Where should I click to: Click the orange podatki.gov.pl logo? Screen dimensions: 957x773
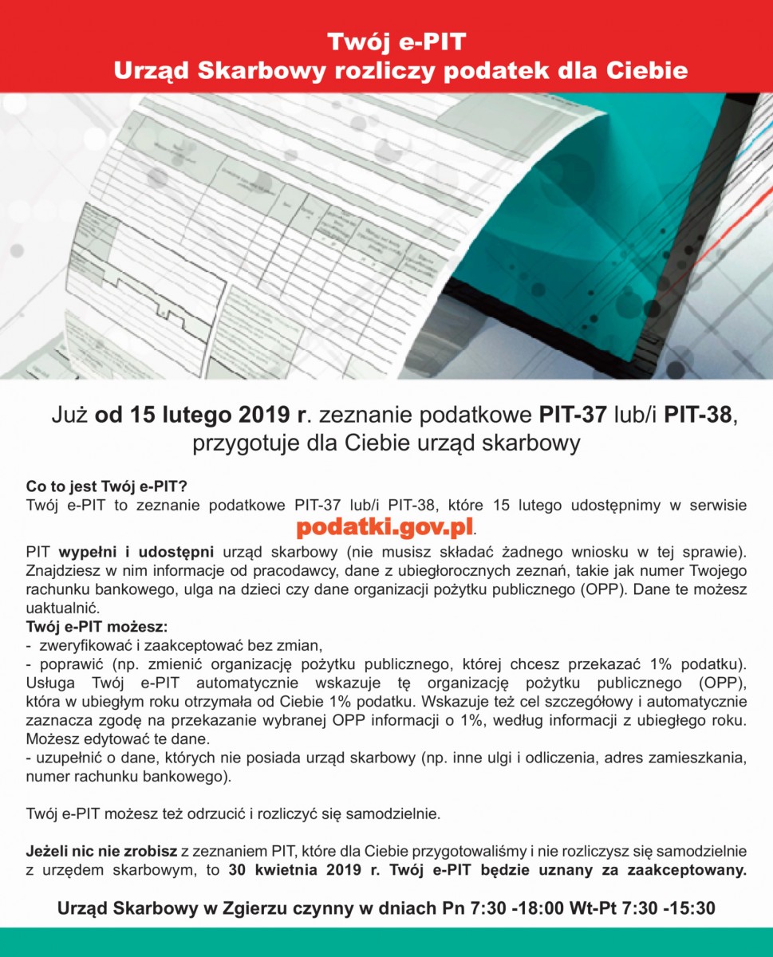[x=385, y=527]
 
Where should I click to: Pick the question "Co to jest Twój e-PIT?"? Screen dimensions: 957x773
[x=106, y=486]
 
